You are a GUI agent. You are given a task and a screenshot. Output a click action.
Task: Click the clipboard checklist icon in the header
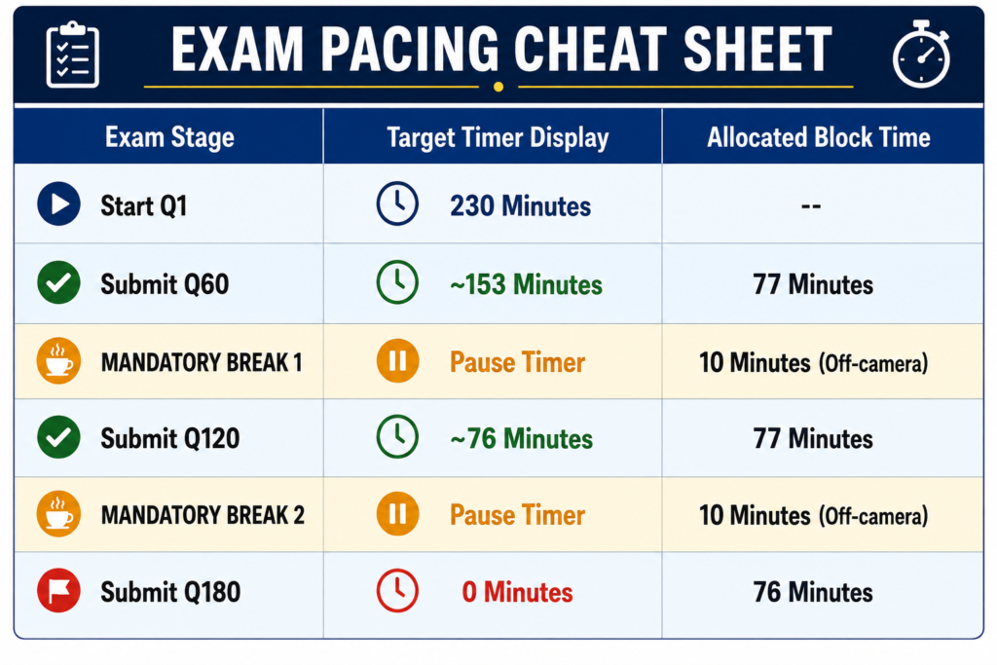(72, 55)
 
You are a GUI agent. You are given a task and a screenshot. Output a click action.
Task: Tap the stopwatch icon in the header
(921, 55)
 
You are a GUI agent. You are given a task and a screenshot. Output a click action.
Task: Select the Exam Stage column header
(169, 137)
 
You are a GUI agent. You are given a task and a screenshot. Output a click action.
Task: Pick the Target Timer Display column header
(498, 138)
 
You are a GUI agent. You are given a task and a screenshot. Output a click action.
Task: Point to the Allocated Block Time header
(819, 137)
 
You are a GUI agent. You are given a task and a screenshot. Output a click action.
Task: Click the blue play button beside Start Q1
(58, 204)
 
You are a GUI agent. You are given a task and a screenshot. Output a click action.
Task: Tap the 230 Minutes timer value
(520, 206)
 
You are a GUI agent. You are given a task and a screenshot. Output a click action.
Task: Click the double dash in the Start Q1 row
(811, 206)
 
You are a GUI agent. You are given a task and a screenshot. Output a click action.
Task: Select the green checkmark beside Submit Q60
(58, 282)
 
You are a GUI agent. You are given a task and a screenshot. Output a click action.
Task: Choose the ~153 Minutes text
(526, 284)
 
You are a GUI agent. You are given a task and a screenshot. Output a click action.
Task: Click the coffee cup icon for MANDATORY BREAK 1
(58, 361)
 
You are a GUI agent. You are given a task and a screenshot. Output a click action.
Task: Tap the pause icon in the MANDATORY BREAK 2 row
(397, 514)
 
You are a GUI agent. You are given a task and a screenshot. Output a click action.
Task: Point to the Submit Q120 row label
(169, 438)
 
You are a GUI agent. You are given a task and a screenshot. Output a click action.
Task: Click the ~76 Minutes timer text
(522, 439)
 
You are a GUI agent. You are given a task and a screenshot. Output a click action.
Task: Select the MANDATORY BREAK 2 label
(203, 515)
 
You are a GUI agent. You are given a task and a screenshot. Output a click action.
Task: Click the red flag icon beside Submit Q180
(58, 591)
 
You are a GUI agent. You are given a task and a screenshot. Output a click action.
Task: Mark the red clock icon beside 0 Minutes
(397, 591)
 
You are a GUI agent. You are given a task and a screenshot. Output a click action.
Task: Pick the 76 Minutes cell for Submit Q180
(813, 592)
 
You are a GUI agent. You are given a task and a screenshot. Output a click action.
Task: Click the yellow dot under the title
(498, 87)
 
